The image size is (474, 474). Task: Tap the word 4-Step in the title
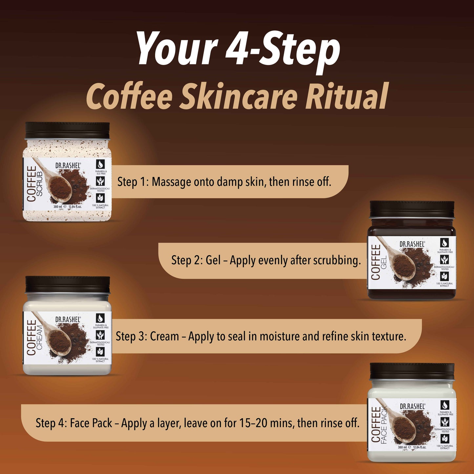click(x=282, y=49)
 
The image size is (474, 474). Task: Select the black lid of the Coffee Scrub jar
click(x=68, y=131)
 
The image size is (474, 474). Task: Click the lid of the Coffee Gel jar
click(x=412, y=209)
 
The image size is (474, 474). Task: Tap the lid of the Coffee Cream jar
click(x=68, y=284)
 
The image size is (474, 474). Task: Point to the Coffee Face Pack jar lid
click(x=412, y=371)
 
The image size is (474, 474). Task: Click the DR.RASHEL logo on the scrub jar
click(x=68, y=166)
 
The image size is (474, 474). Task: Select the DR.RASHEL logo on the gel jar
click(x=412, y=244)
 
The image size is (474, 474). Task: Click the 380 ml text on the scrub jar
click(x=58, y=207)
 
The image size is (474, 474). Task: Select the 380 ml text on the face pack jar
click(x=402, y=447)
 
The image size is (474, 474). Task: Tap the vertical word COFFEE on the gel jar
click(x=376, y=262)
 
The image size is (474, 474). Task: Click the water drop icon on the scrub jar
click(x=100, y=164)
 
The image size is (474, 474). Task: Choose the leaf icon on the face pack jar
click(x=445, y=439)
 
